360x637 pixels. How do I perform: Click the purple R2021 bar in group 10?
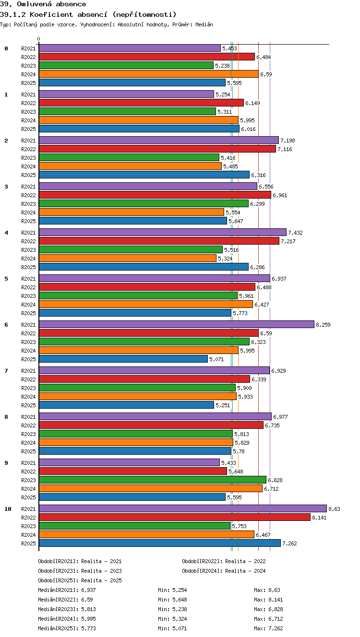(x=183, y=508)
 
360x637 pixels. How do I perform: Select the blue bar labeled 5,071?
(x=123, y=359)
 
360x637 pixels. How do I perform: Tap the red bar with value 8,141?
(x=174, y=517)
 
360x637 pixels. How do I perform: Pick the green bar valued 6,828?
(x=153, y=480)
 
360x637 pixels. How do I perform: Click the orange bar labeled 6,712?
(x=151, y=488)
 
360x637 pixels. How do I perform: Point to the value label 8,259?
(x=324, y=325)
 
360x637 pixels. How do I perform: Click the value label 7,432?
(x=295, y=233)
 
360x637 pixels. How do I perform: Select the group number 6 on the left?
(x=6, y=325)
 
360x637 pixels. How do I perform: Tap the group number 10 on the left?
(x=8, y=509)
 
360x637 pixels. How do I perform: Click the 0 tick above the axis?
(x=39, y=39)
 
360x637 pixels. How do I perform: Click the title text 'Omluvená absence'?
(x=51, y=4)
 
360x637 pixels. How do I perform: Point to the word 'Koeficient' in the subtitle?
(x=51, y=14)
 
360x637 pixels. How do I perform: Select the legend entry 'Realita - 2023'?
(x=101, y=571)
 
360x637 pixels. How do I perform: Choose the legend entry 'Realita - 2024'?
(x=245, y=571)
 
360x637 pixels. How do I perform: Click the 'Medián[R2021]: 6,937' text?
(x=67, y=590)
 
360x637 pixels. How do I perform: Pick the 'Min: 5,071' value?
(x=172, y=628)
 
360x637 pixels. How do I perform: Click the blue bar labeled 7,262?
(x=160, y=543)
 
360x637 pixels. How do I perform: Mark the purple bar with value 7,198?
(x=159, y=140)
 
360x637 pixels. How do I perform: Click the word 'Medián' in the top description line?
(x=204, y=24)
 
